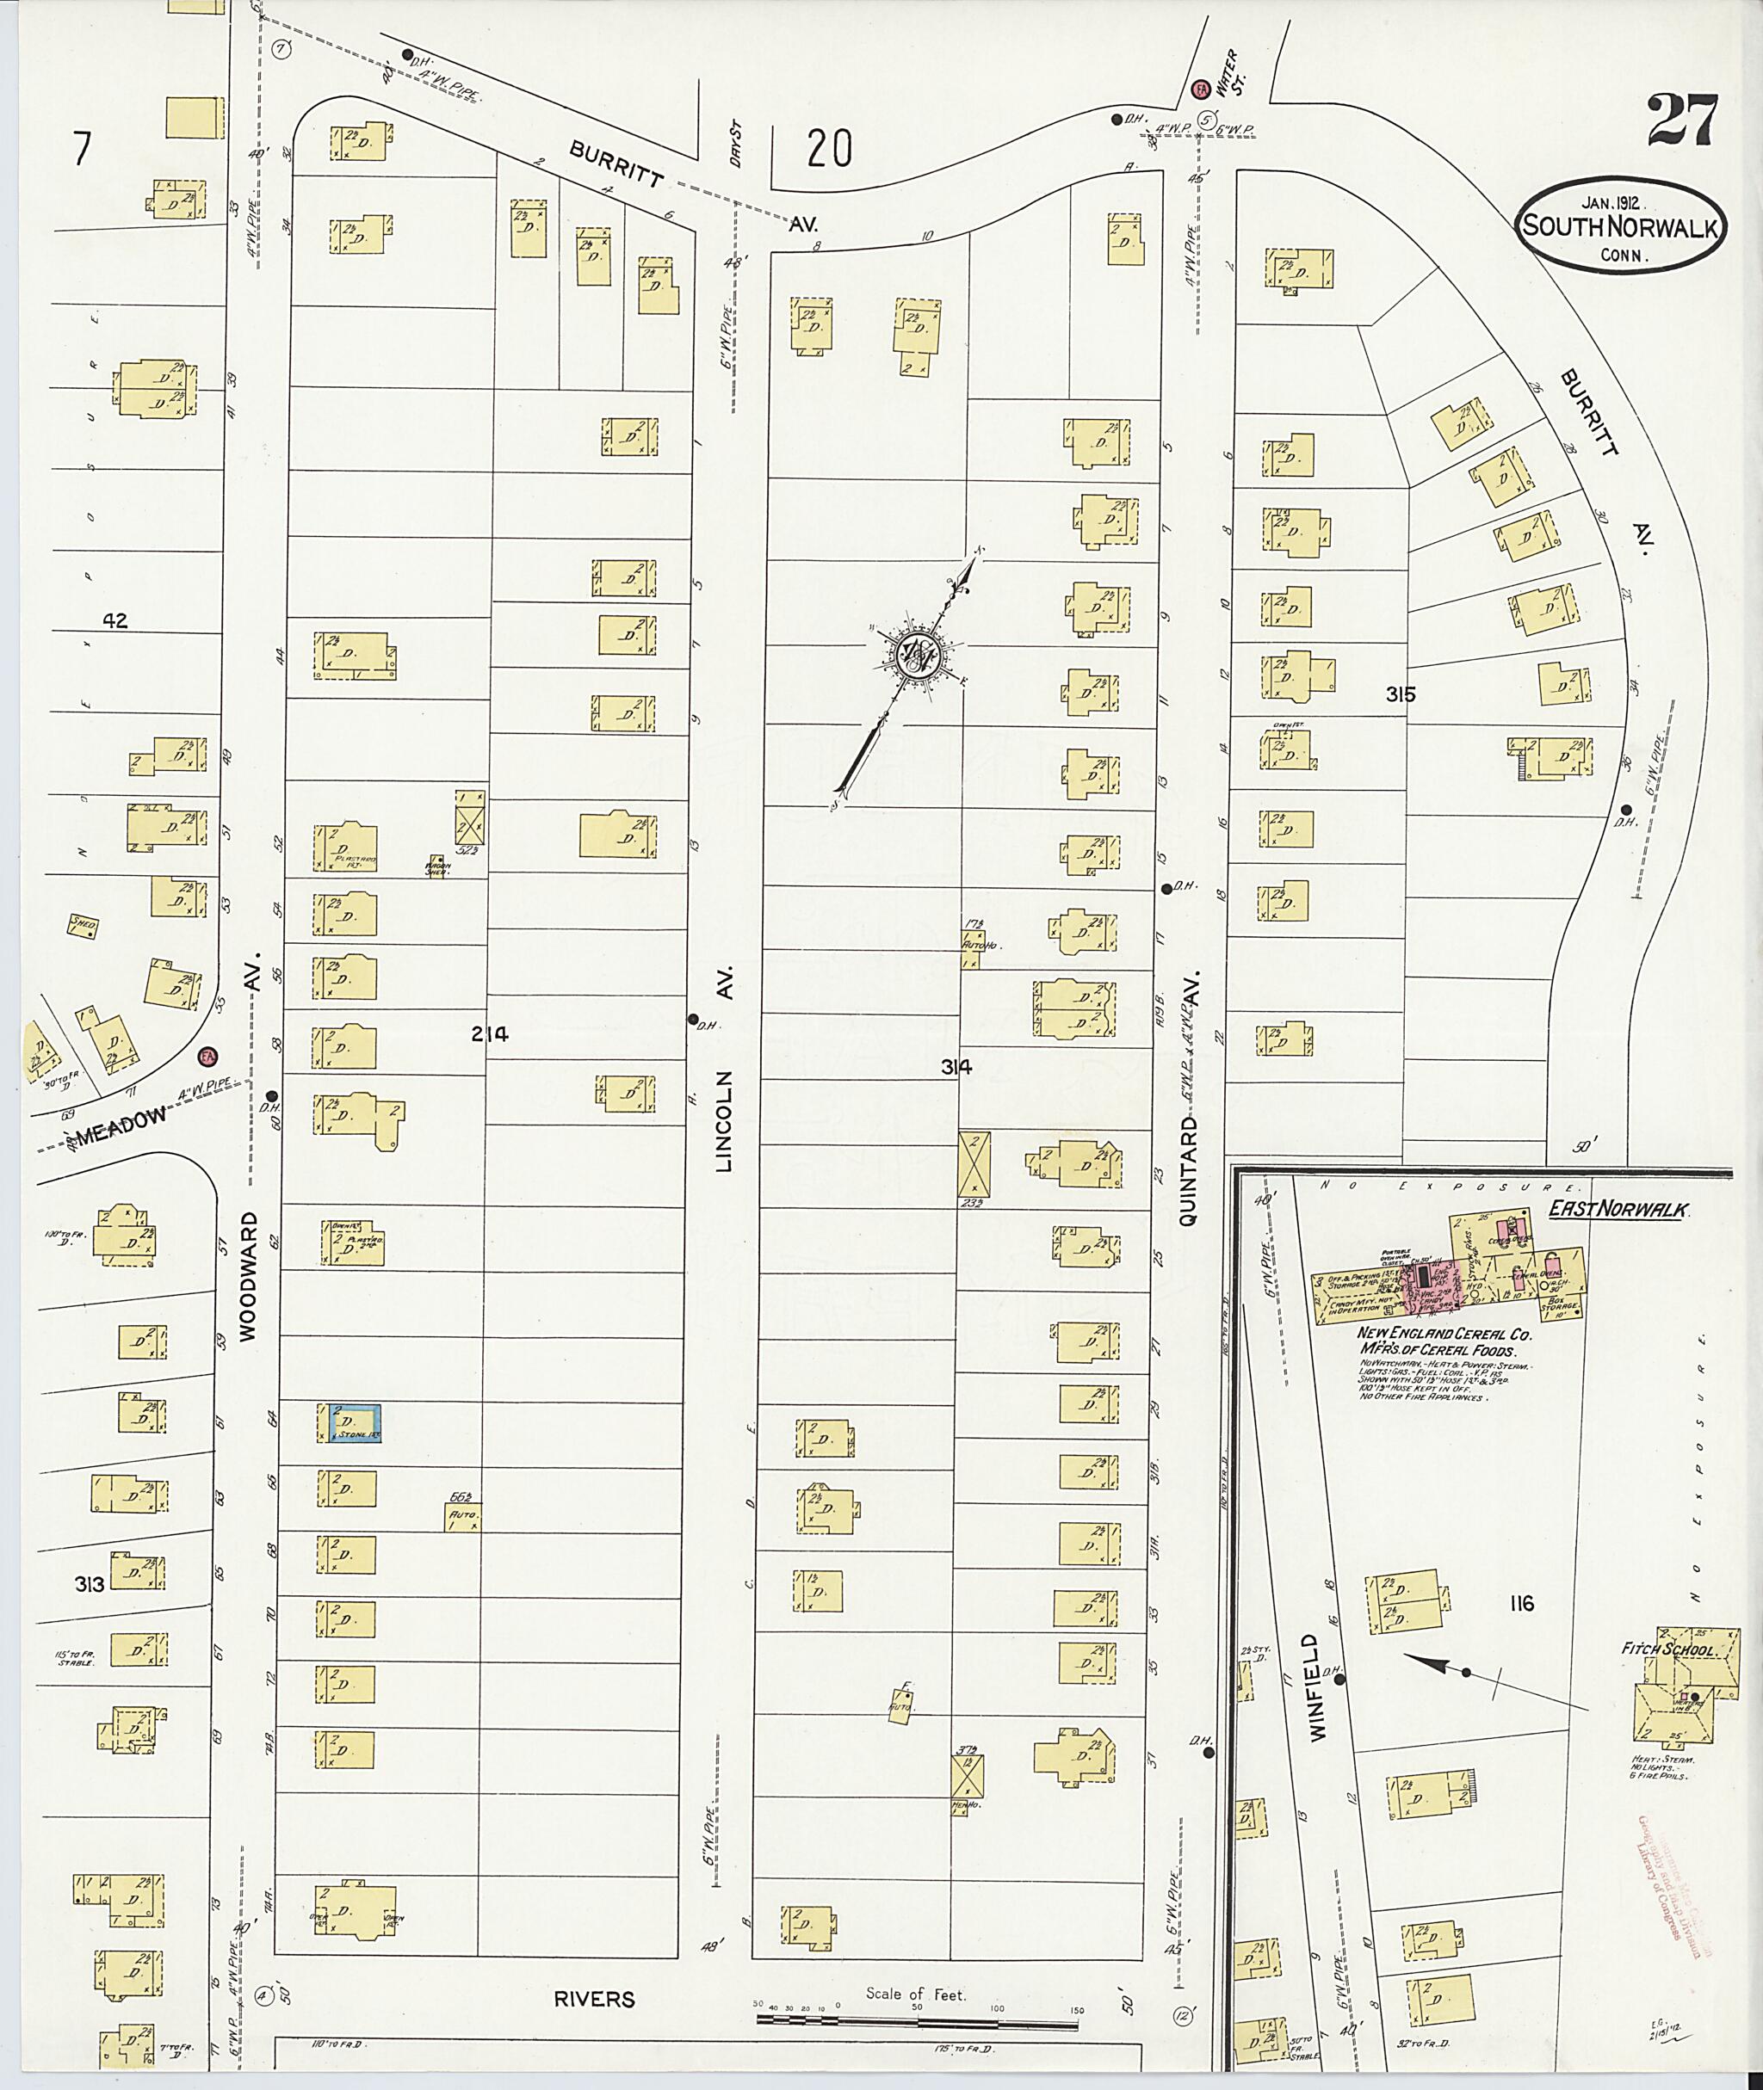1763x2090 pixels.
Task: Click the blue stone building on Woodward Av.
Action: pyautogui.click(x=349, y=1422)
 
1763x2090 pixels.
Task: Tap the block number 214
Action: pyautogui.click(x=490, y=1034)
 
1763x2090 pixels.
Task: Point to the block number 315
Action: pyautogui.click(x=1401, y=694)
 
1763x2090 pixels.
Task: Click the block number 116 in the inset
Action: pyautogui.click(x=1522, y=1605)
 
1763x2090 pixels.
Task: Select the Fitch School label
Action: pyautogui.click(x=1670, y=1651)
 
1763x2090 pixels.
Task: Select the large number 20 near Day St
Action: pyautogui.click(x=830, y=150)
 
